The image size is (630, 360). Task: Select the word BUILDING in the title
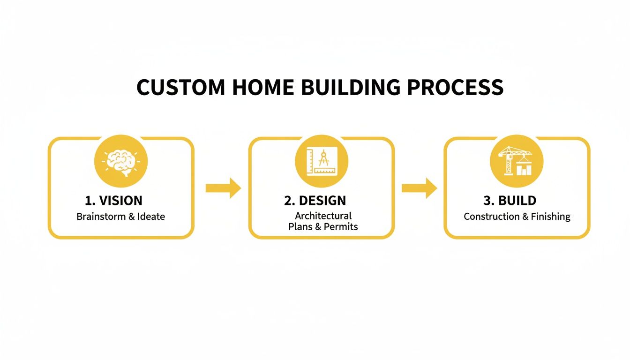tap(343, 88)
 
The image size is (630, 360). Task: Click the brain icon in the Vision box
tap(121, 161)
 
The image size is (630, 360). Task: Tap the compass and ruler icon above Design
tap(321, 161)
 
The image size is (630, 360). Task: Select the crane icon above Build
tap(517, 161)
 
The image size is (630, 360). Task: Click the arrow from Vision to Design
tap(223, 188)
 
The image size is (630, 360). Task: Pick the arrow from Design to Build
tap(419, 188)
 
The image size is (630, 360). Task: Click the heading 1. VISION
tap(113, 201)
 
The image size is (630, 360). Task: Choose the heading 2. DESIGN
tap(315, 201)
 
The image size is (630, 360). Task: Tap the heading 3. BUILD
tap(510, 201)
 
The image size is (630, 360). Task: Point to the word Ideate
tap(151, 217)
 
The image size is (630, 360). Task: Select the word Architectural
tap(323, 216)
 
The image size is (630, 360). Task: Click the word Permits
tap(342, 227)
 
